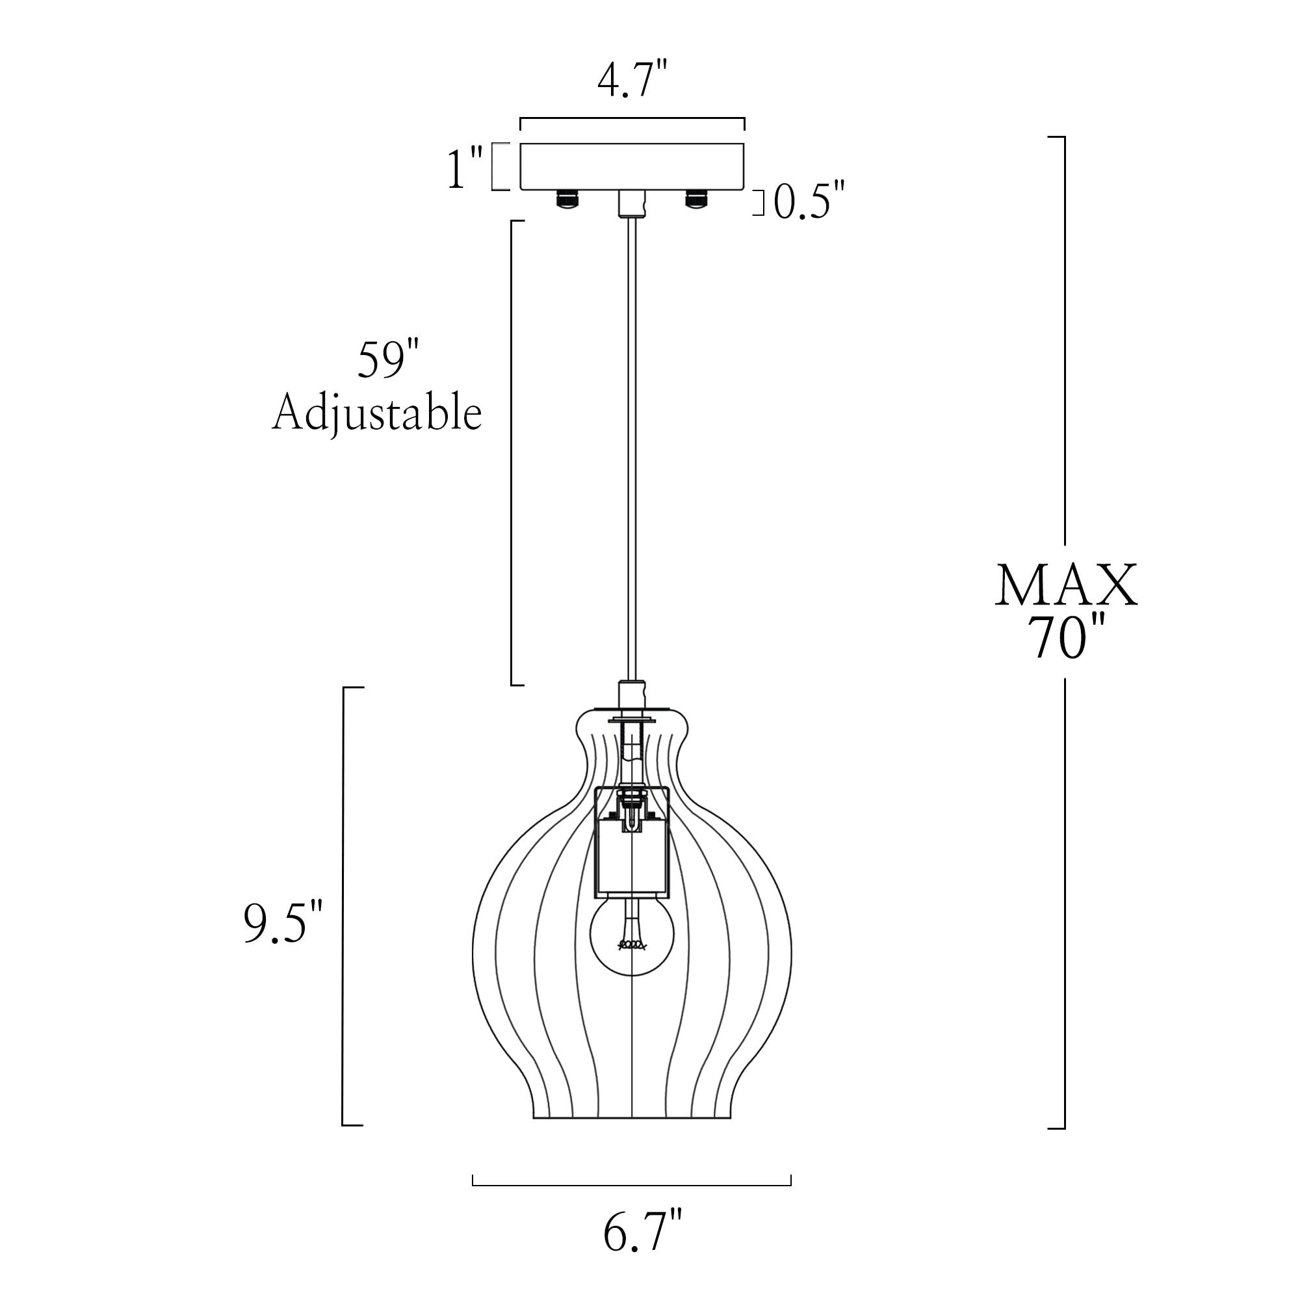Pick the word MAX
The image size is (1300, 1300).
[1066, 587]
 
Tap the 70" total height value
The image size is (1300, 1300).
[1066, 638]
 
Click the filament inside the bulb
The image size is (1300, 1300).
[632, 946]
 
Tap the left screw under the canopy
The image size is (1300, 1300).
[567, 200]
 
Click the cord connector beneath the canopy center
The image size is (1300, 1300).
[631, 203]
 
